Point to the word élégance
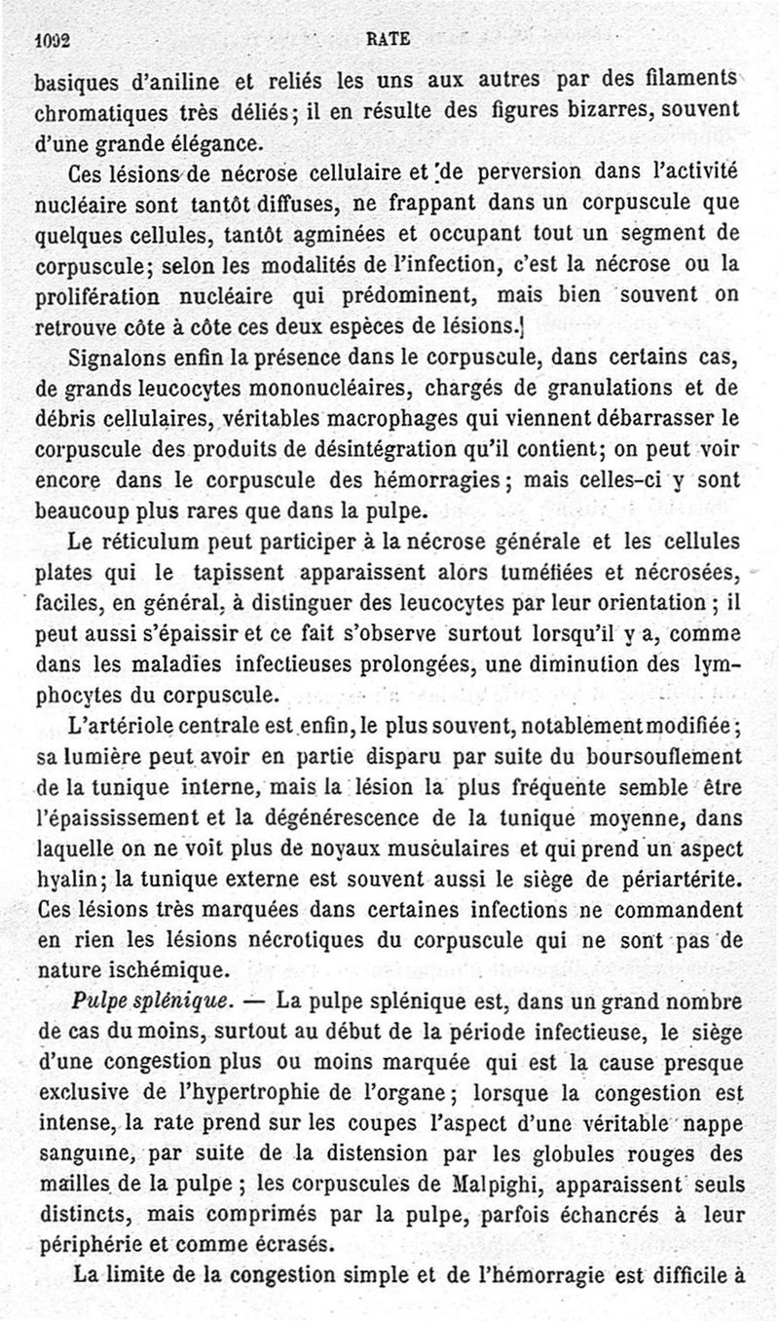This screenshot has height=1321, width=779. tap(222, 142)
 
